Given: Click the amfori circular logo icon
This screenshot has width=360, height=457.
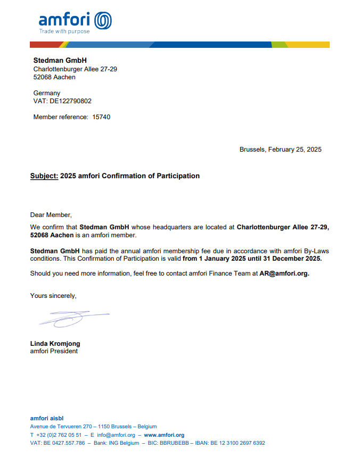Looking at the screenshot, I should point(103,21).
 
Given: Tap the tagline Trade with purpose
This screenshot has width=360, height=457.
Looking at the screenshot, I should point(64,31).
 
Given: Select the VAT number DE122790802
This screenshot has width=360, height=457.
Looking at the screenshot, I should point(70,101).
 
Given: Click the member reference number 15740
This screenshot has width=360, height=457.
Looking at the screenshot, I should point(101,117).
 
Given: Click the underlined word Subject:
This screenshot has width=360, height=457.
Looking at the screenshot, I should point(44,176).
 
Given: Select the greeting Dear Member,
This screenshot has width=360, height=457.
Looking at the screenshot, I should point(51,215).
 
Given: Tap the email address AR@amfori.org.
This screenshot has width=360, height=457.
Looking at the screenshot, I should point(284,273).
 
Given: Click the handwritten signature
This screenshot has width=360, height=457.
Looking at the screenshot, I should point(72,318).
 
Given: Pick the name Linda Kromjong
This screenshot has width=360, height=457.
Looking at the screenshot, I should point(55,344).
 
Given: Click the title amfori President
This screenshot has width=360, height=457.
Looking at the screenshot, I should point(54,351).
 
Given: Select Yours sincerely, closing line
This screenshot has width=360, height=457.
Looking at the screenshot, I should point(53,295).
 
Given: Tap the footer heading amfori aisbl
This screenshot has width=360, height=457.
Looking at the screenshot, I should point(47,418).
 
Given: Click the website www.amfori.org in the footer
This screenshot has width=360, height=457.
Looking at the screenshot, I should point(164,435).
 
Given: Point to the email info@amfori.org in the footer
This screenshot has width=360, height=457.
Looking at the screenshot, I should point(116,435).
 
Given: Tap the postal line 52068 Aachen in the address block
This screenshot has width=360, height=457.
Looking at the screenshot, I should point(54,77).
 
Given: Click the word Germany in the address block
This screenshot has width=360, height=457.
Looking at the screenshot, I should point(47,93).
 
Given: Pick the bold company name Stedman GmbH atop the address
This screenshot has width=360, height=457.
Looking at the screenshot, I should point(60,61).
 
